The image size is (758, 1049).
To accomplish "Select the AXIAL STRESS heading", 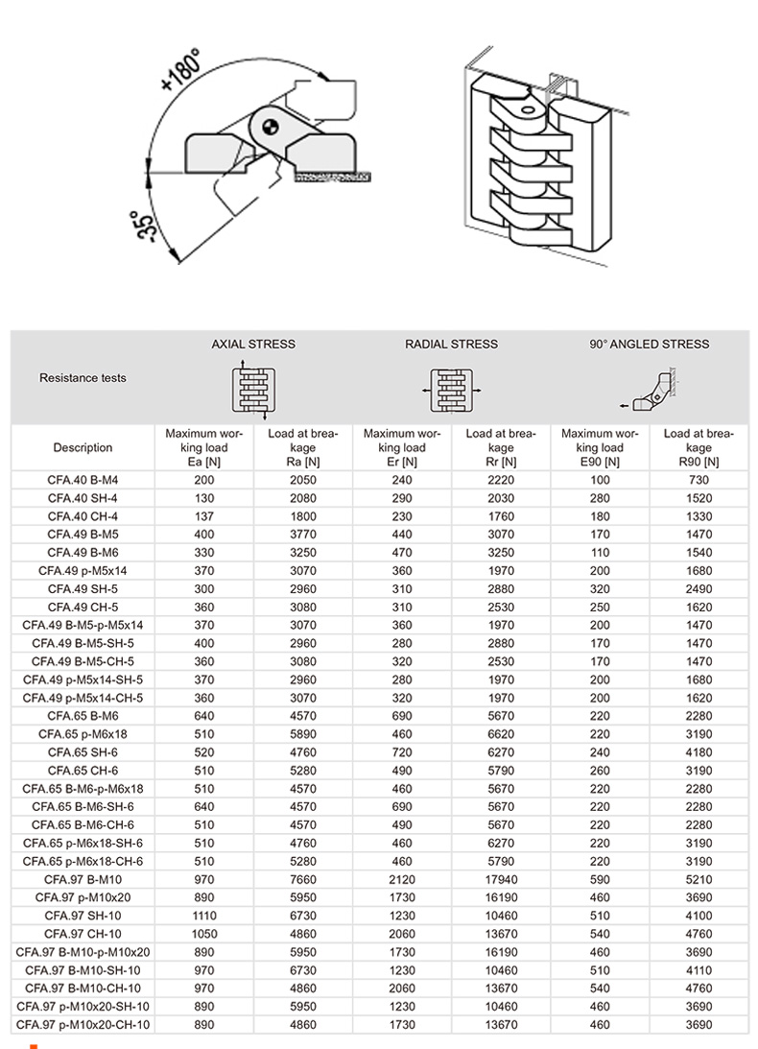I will coord(253,344).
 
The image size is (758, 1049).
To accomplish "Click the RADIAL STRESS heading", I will coord(451,344).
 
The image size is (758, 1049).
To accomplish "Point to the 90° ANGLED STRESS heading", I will coord(650,344).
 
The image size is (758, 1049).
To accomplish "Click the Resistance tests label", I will coord(83,378).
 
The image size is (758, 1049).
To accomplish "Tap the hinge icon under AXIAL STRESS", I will coord(254,389).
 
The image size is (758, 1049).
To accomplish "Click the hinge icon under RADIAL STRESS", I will coord(451,391).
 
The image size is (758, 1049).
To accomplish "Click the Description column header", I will coord(83,448).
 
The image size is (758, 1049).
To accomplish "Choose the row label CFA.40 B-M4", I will coord(83,479).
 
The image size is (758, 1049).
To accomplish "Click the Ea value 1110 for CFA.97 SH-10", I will coord(204,916).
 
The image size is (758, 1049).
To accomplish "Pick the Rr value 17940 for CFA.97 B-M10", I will coord(501,879).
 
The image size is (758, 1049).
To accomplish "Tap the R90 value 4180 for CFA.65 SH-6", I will coord(699,752).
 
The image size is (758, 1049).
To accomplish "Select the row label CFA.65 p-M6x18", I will coord(83,734).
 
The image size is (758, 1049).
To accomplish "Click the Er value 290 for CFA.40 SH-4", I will coord(402,497).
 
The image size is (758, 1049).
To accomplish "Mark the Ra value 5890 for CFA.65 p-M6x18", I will coord(303,734).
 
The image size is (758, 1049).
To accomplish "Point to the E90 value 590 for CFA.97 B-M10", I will coord(601,879).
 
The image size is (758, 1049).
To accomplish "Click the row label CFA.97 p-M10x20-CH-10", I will coord(83,1025).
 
